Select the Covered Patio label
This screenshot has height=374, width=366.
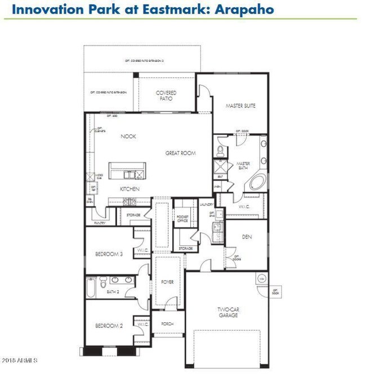(166, 96)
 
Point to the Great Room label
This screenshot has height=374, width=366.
(180, 153)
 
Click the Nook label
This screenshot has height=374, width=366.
(129, 136)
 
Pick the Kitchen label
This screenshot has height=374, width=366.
(130, 189)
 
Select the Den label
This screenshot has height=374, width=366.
(247, 237)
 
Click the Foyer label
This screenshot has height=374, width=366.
(168, 282)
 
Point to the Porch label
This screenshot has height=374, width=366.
(168, 324)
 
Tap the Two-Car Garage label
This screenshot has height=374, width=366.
(228, 312)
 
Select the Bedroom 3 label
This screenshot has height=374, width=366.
(109, 254)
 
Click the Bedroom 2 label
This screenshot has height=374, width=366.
(109, 326)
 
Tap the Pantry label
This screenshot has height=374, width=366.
(100, 223)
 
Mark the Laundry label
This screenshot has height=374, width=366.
(207, 205)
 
